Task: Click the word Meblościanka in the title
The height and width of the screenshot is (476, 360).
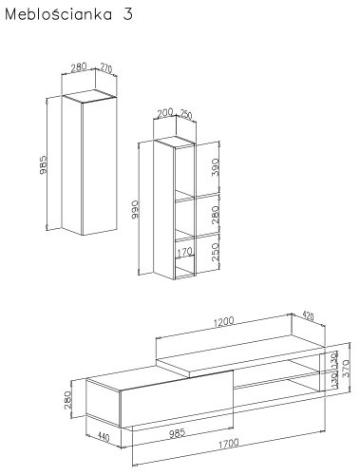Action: (59, 14)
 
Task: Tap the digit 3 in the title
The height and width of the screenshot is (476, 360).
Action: (127, 14)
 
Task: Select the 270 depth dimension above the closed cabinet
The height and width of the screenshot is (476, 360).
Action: (106, 68)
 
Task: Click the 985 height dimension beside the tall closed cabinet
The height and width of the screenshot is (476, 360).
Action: (44, 164)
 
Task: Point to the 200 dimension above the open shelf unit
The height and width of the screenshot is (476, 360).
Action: (165, 113)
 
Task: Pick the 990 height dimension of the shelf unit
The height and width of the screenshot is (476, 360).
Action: (135, 209)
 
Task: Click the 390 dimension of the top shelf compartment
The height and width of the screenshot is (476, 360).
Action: (216, 167)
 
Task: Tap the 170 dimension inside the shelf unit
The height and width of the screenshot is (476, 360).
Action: (184, 252)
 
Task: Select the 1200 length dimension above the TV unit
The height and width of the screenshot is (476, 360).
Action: (224, 322)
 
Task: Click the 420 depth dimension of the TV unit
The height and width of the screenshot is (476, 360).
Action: (308, 316)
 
